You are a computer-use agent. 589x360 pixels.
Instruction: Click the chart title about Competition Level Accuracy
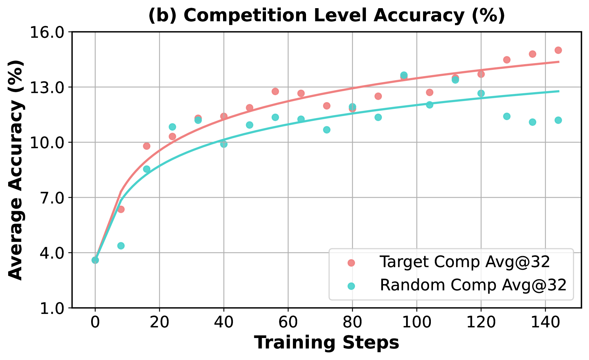click(x=326, y=16)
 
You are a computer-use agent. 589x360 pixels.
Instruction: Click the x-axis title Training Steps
click(x=326, y=343)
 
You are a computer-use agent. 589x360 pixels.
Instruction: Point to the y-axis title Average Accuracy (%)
click(x=16, y=170)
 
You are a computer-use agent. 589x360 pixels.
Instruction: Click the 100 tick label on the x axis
click(x=417, y=323)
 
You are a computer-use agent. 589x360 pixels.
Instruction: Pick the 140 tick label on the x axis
click(x=545, y=323)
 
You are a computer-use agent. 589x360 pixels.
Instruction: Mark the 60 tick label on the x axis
click(x=288, y=323)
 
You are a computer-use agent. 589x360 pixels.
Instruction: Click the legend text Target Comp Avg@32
click(x=465, y=262)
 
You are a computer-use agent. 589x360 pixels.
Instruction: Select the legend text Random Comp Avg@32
click(x=473, y=285)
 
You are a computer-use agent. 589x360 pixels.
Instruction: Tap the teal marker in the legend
click(x=351, y=286)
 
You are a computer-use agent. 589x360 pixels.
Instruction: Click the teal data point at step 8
click(x=121, y=246)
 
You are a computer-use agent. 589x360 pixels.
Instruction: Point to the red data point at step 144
click(x=558, y=50)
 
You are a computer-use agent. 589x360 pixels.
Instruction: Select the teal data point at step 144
click(x=558, y=120)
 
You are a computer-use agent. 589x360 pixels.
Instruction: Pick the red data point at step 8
click(x=121, y=209)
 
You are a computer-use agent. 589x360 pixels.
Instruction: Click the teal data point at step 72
click(x=327, y=130)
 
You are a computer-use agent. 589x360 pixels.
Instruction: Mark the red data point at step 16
click(x=147, y=146)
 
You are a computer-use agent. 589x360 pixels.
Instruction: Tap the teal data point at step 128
click(x=507, y=117)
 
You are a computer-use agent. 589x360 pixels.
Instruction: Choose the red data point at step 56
click(x=275, y=91)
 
